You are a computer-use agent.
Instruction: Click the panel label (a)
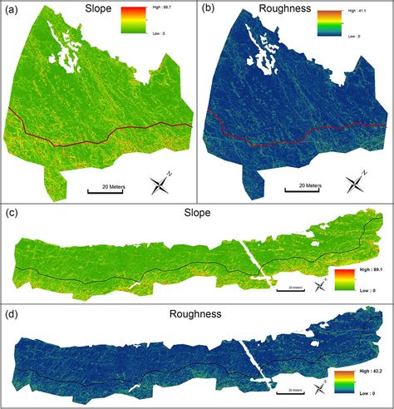coord(12,11)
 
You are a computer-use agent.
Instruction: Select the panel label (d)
coord(12,316)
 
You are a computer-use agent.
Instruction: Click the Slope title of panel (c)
coord(196,214)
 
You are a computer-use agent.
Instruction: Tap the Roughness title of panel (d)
coord(196,314)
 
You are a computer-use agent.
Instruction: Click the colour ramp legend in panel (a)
coord(132,21)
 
